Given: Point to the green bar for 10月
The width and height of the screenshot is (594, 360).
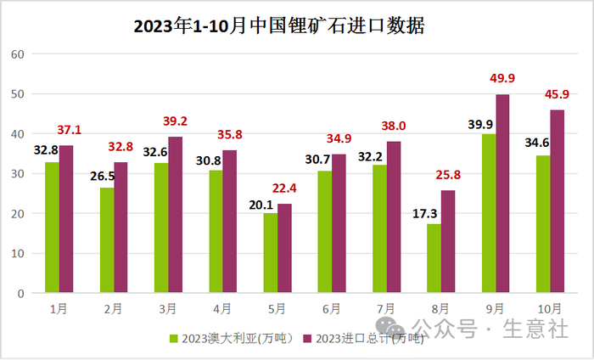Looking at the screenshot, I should (543, 224).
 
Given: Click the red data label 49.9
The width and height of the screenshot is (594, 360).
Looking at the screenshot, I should (502, 79).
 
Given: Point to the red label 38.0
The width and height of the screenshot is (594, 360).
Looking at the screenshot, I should (394, 127).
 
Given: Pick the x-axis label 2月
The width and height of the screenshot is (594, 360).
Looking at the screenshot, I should (114, 307).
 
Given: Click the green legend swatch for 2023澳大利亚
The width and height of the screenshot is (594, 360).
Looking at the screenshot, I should (175, 339).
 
